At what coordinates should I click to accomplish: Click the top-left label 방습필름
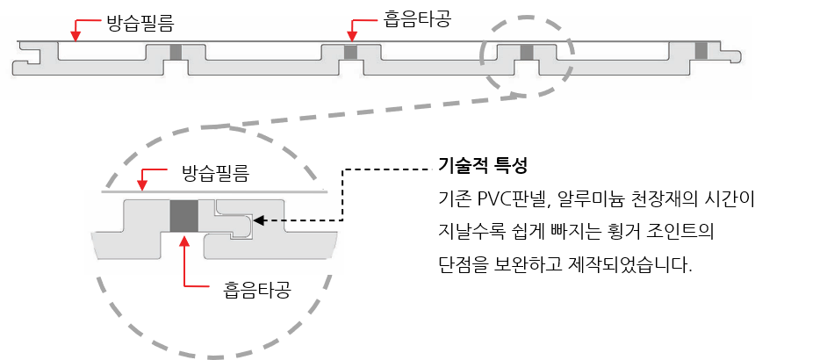coord(140,23)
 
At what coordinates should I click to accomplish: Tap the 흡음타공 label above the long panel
coord(418,19)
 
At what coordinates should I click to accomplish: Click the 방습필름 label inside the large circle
coord(215,173)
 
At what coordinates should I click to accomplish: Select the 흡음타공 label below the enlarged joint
coord(257,291)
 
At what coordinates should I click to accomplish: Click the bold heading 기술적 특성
coord(483,167)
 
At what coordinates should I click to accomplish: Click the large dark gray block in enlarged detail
coord(184,216)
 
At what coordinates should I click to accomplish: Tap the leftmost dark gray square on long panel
coord(176,52)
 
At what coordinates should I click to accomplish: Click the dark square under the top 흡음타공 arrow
coord(351,52)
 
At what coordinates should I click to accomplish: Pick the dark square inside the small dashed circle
coord(527,52)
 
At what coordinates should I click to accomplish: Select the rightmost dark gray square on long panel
coord(701,51)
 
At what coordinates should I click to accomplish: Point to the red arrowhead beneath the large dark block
coord(184,241)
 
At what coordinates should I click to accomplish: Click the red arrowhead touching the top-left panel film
coord(76,36)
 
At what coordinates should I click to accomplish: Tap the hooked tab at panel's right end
coord(732,55)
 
